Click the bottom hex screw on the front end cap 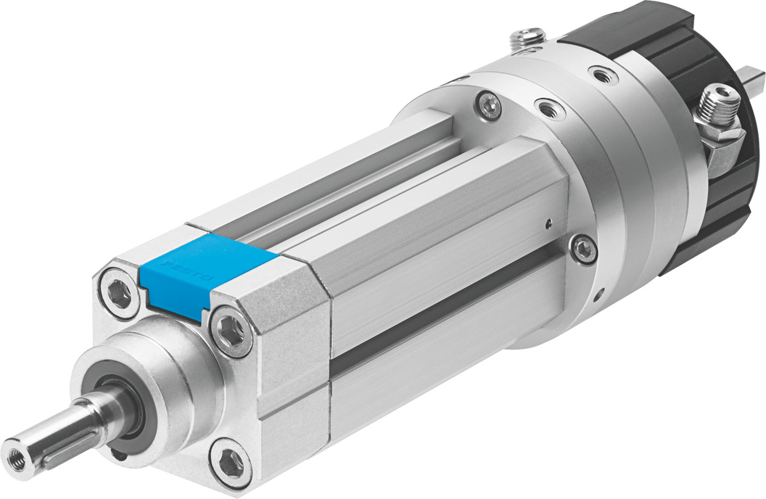pos(231,458)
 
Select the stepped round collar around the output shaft pos(160,378)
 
